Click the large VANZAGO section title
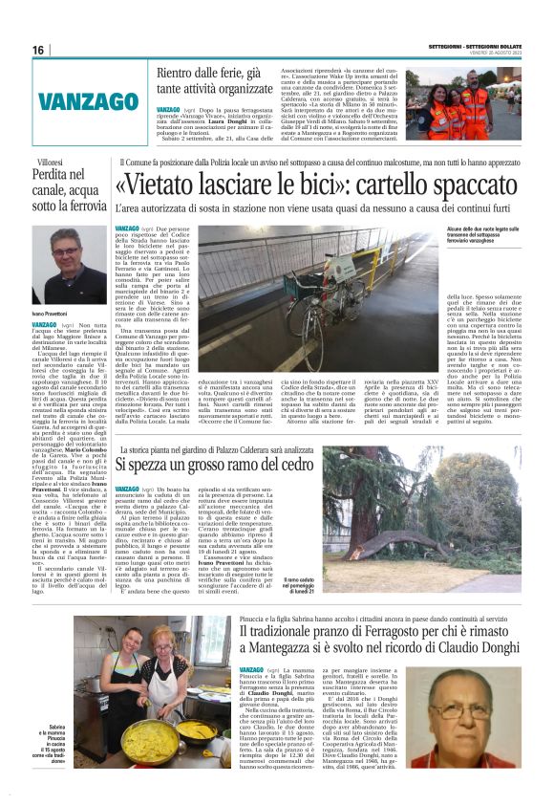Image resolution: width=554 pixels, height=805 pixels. pos(101,100)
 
